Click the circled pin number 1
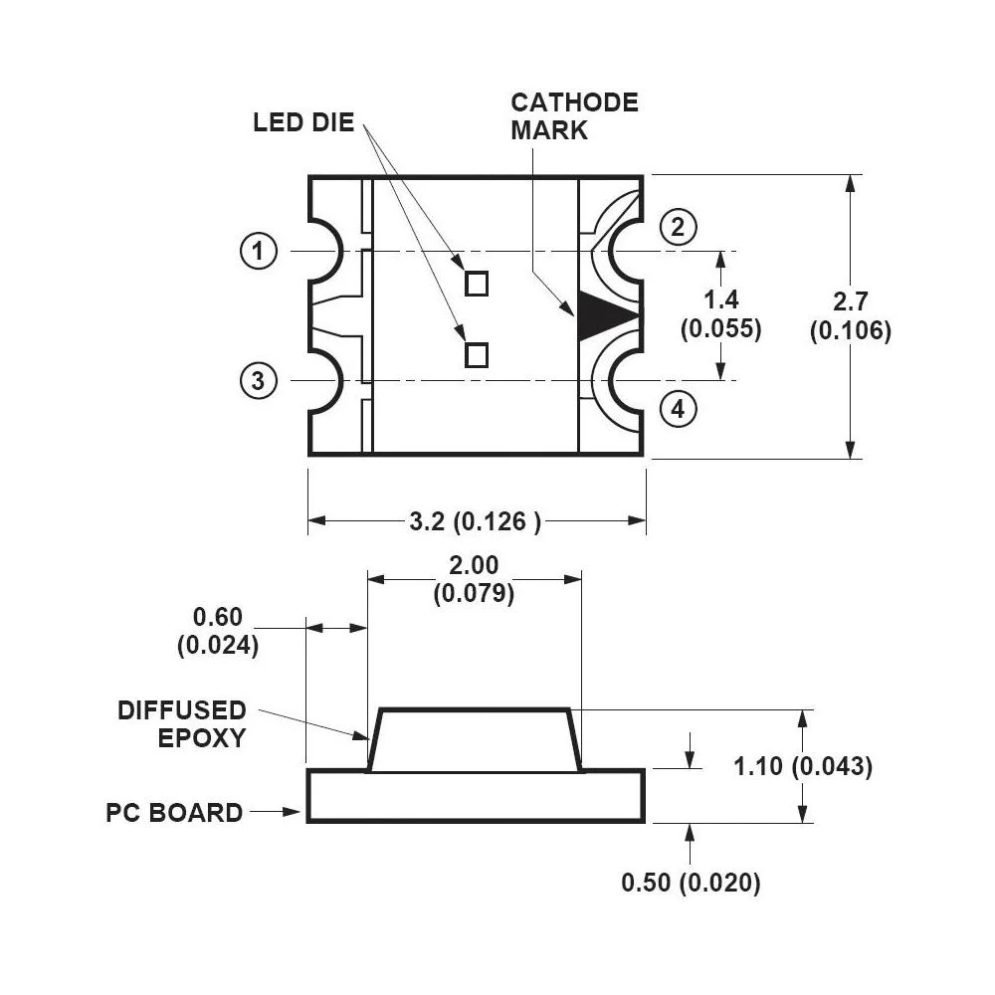click(259, 252)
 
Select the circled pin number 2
click(678, 228)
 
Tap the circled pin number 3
click(258, 380)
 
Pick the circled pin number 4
click(678, 409)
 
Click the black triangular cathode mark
click(601, 316)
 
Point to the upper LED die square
click(478, 284)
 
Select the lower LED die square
click(478, 354)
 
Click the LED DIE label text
click(303, 123)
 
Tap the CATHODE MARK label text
click(574, 115)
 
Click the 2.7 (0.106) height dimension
click(850, 316)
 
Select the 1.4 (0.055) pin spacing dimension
click(720, 314)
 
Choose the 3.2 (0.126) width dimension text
click(476, 521)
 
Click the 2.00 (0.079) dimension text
click(474, 579)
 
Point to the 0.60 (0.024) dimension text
click(217, 631)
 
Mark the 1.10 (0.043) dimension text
click(802, 766)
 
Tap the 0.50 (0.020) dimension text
click(691, 883)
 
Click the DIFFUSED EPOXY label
click(182, 723)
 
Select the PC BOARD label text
click(174, 812)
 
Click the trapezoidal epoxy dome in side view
click(475, 740)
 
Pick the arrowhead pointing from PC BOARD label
click(293, 812)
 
